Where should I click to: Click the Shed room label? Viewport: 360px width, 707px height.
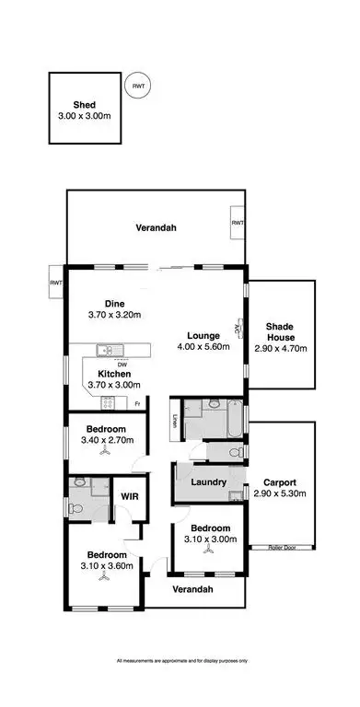pyautogui.click(x=84, y=105)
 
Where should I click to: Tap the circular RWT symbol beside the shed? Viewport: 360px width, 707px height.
pyautogui.click(x=138, y=87)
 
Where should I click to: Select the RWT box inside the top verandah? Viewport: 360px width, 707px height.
pyautogui.click(x=238, y=223)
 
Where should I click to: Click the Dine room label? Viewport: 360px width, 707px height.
pyautogui.click(x=114, y=304)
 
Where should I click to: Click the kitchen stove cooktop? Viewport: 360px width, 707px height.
pyautogui.click(x=107, y=402)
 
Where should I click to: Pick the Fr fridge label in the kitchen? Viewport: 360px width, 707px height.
pyautogui.click(x=137, y=404)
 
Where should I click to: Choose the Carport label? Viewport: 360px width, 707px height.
pyautogui.click(x=278, y=481)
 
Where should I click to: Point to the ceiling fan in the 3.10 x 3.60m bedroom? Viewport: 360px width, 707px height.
pyautogui.click(x=107, y=578)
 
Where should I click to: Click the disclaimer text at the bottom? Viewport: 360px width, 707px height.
pyautogui.click(x=183, y=661)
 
